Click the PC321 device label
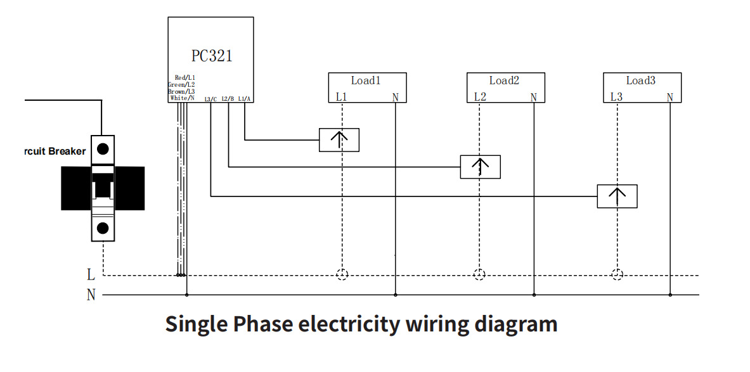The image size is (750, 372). (212, 56)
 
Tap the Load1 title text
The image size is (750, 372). (366, 80)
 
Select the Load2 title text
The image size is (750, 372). (504, 80)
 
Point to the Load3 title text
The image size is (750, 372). (642, 80)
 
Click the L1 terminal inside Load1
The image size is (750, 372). (342, 97)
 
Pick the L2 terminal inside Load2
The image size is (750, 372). (480, 97)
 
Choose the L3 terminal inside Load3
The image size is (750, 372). (616, 97)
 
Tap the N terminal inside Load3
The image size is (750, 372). (670, 97)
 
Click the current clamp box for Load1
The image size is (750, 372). (339, 140)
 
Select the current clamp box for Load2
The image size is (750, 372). (480, 167)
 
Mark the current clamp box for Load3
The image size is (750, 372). (617, 196)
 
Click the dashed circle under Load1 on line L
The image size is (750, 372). (342, 274)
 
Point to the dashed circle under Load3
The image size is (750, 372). (617, 274)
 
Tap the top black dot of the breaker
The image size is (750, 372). (103, 150)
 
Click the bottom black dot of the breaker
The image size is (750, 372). (103, 228)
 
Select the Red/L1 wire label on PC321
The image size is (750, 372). (184, 78)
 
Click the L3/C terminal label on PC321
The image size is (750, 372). (211, 99)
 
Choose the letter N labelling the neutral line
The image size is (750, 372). (91, 295)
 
